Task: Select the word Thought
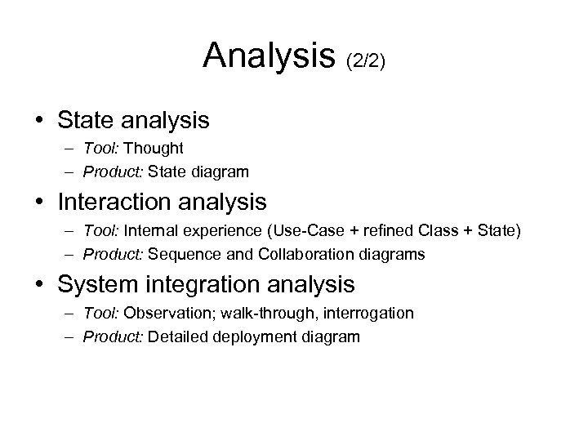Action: (x=155, y=149)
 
